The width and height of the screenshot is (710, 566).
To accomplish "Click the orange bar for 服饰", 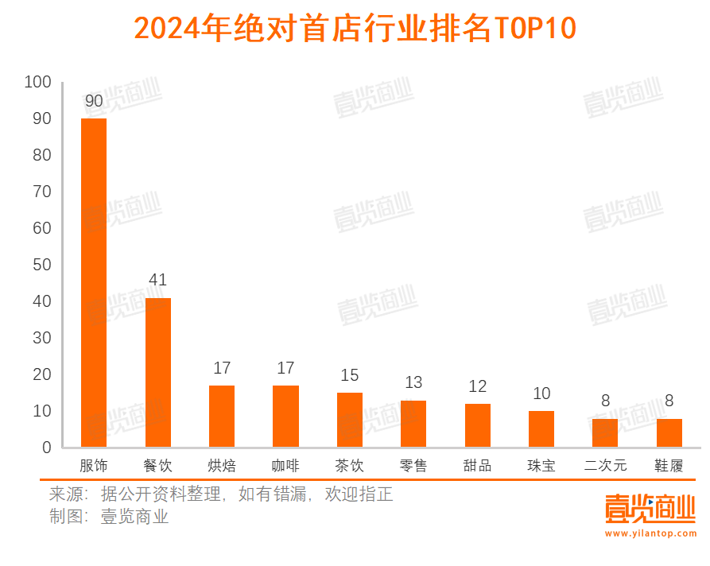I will point(94,282).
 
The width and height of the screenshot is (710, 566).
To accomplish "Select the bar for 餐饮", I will point(157,372).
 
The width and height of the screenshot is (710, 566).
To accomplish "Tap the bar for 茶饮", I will point(349,420).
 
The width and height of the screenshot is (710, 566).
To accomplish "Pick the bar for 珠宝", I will point(541,428).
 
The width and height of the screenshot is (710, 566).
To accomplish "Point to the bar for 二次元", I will point(605,432).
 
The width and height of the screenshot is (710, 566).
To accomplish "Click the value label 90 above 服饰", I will point(94,101).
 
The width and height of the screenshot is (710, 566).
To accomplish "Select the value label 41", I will point(157,280).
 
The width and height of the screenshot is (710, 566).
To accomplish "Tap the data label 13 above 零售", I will point(413,382).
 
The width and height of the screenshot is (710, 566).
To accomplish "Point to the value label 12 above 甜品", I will point(477,386).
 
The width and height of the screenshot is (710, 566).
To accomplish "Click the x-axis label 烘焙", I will point(221,466).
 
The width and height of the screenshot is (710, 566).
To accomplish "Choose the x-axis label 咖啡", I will point(285,466).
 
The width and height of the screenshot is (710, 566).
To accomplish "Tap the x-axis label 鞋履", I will point(669,466).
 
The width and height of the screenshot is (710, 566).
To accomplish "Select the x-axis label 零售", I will point(413,466).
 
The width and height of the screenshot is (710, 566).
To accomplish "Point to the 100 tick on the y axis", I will point(37,82).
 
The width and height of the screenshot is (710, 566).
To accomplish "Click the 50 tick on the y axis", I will point(41,265).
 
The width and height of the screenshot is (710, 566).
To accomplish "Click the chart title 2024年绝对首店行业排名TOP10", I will point(355,29).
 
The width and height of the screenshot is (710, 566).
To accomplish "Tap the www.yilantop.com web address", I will point(650,533).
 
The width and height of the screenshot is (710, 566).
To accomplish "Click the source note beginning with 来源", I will point(221,494).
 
